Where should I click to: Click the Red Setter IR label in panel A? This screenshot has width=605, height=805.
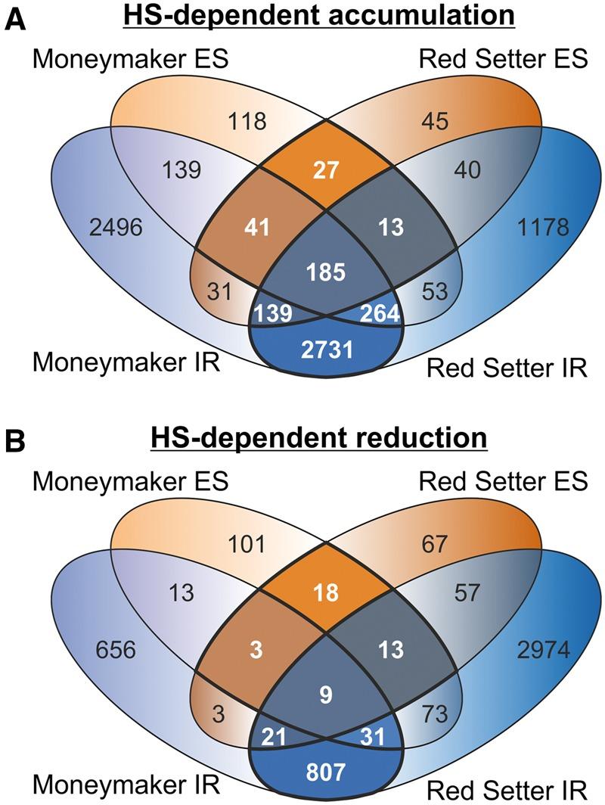click(x=507, y=369)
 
